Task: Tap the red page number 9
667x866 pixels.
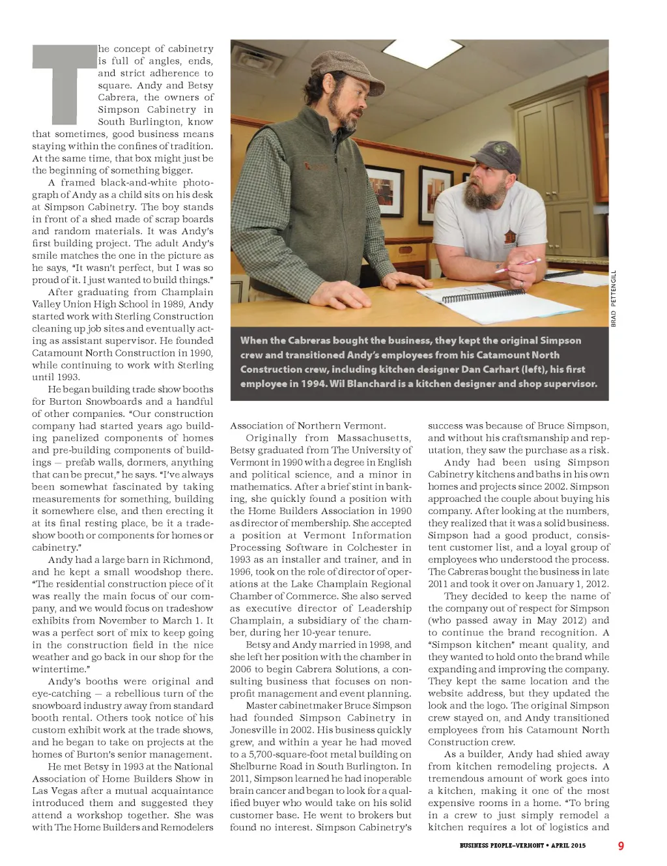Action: pos(621,846)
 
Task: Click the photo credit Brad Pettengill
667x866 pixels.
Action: pos(613,298)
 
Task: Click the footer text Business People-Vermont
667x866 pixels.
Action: pos(502,846)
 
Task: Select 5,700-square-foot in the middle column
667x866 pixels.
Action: pos(291,754)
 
